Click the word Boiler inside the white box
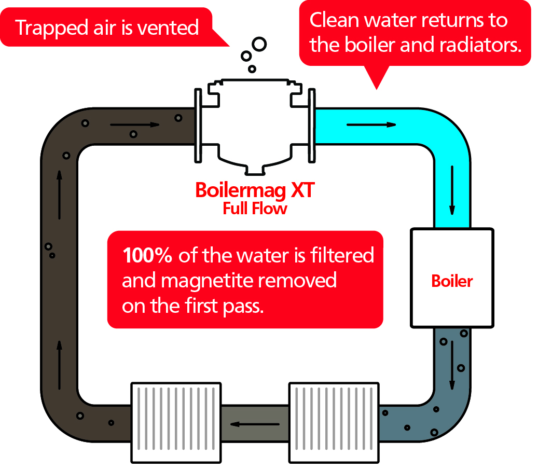point(452,281)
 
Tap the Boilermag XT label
point(255,190)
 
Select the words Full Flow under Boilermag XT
point(255,209)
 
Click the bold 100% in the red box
point(148,256)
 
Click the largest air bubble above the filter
point(259,44)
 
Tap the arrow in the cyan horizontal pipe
point(371,125)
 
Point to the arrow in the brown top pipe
point(135,125)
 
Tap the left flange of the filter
point(198,125)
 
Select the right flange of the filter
point(312,125)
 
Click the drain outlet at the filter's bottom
point(255,170)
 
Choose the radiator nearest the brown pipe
point(176,422)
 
